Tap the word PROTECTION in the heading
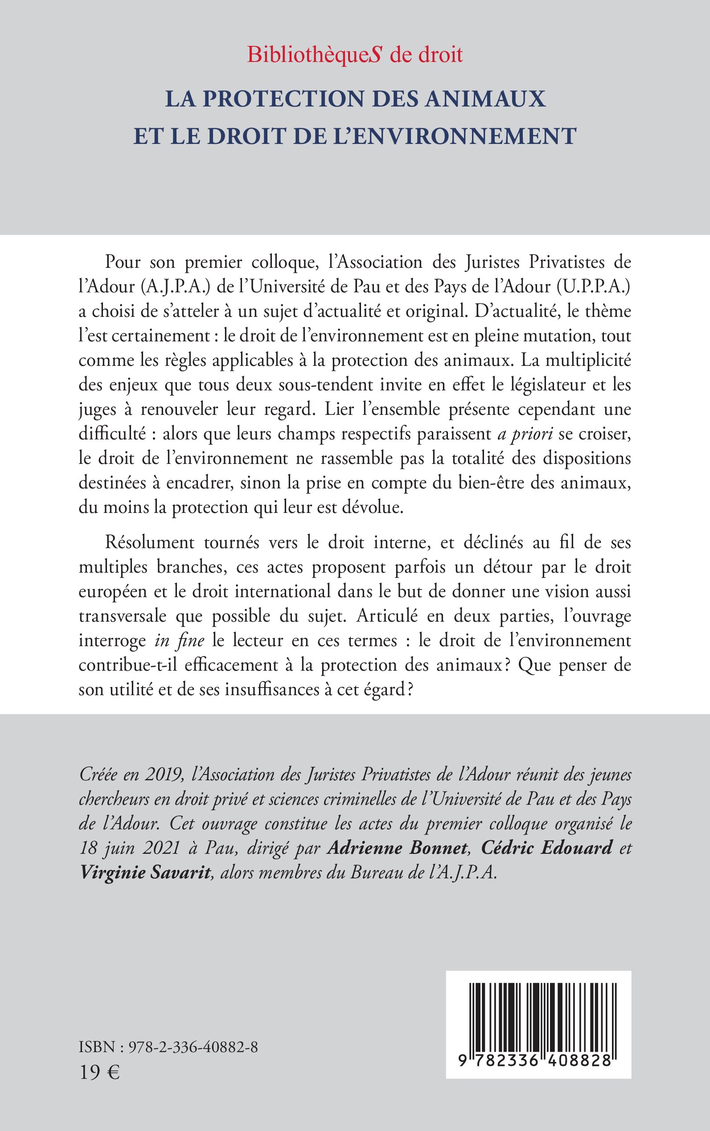pyautogui.click(x=284, y=99)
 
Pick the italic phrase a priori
pyautogui.click(x=525, y=434)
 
